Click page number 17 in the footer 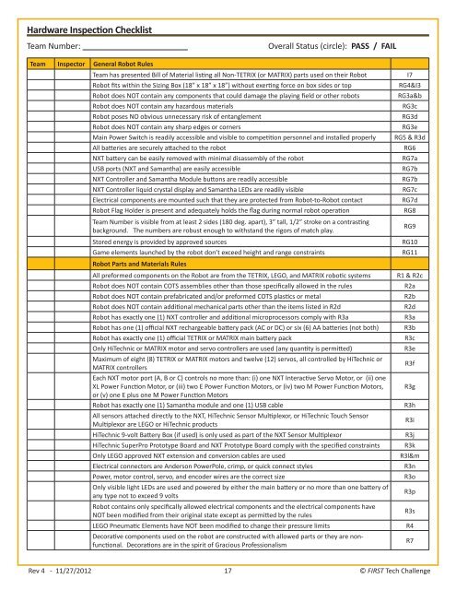point(228,572)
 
